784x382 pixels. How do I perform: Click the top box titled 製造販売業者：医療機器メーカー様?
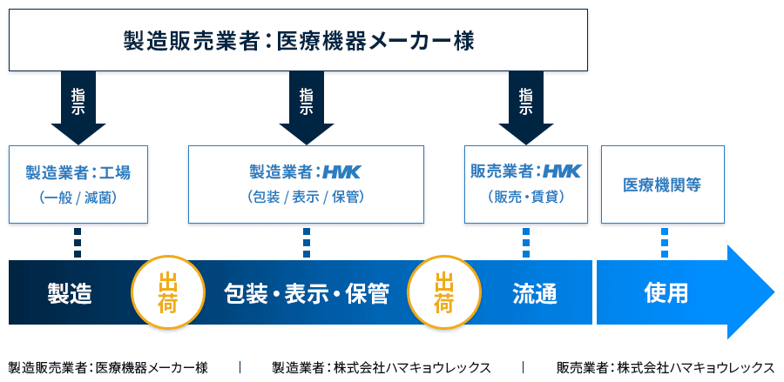298,40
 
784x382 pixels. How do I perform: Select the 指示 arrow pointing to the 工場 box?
78,108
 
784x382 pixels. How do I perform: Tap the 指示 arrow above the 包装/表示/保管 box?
306,108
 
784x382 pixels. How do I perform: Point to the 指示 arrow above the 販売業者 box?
526,108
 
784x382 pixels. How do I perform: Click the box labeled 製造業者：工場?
78,184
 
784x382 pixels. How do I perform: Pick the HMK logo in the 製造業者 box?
341,173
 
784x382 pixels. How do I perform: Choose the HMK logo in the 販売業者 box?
562,171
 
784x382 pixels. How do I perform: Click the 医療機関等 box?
663,184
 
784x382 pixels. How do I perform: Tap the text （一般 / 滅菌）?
78,198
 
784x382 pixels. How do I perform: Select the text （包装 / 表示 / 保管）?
306,198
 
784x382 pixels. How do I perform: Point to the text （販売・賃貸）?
526,198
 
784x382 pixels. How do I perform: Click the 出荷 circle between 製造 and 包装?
168,292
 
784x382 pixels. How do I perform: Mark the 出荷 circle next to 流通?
444,292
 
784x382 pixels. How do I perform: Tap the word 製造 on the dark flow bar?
70,293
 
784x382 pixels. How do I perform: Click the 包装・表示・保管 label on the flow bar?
306,293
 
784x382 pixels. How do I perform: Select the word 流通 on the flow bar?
535,293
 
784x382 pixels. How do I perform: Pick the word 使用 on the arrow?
666,293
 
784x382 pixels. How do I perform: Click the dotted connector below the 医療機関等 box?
665,243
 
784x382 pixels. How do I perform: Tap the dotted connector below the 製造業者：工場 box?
78,243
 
